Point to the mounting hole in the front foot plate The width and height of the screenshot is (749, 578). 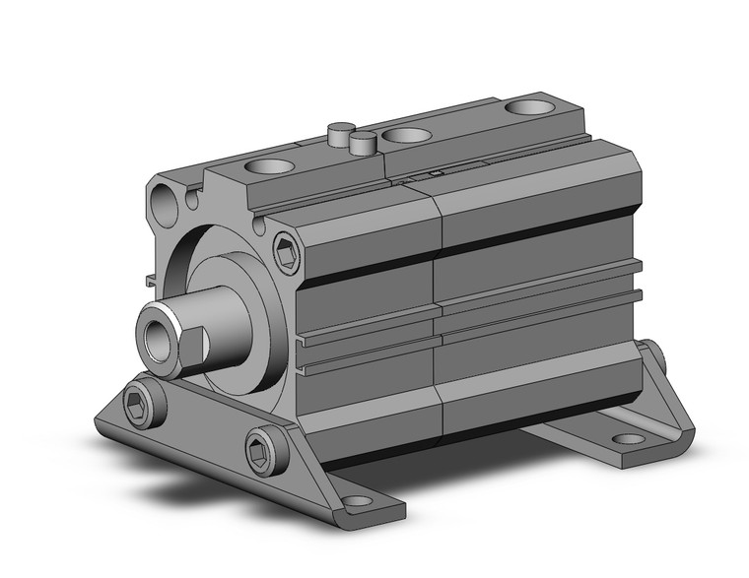coord(359,501)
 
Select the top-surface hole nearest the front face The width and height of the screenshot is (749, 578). coord(273,166)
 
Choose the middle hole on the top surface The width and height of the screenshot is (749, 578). coord(406,135)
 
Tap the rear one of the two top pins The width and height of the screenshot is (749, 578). coord(341,131)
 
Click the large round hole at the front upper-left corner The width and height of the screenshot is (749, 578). coord(166,204)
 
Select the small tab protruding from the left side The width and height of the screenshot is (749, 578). coord(150,281)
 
